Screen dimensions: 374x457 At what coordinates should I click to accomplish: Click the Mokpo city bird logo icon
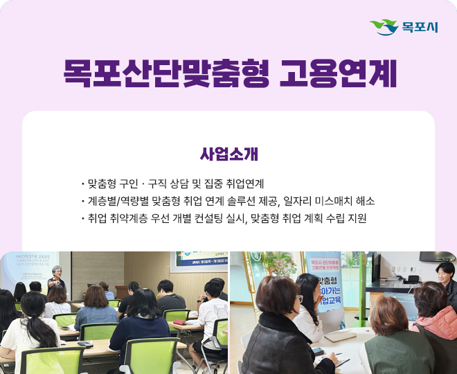[x=384, y=27]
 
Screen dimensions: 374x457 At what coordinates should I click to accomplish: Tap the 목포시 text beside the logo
[x=420, y=28]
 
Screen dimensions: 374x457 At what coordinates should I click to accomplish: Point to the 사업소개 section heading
[x=228, y=152]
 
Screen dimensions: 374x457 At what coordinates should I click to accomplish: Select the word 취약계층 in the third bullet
[x=129, y=218]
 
